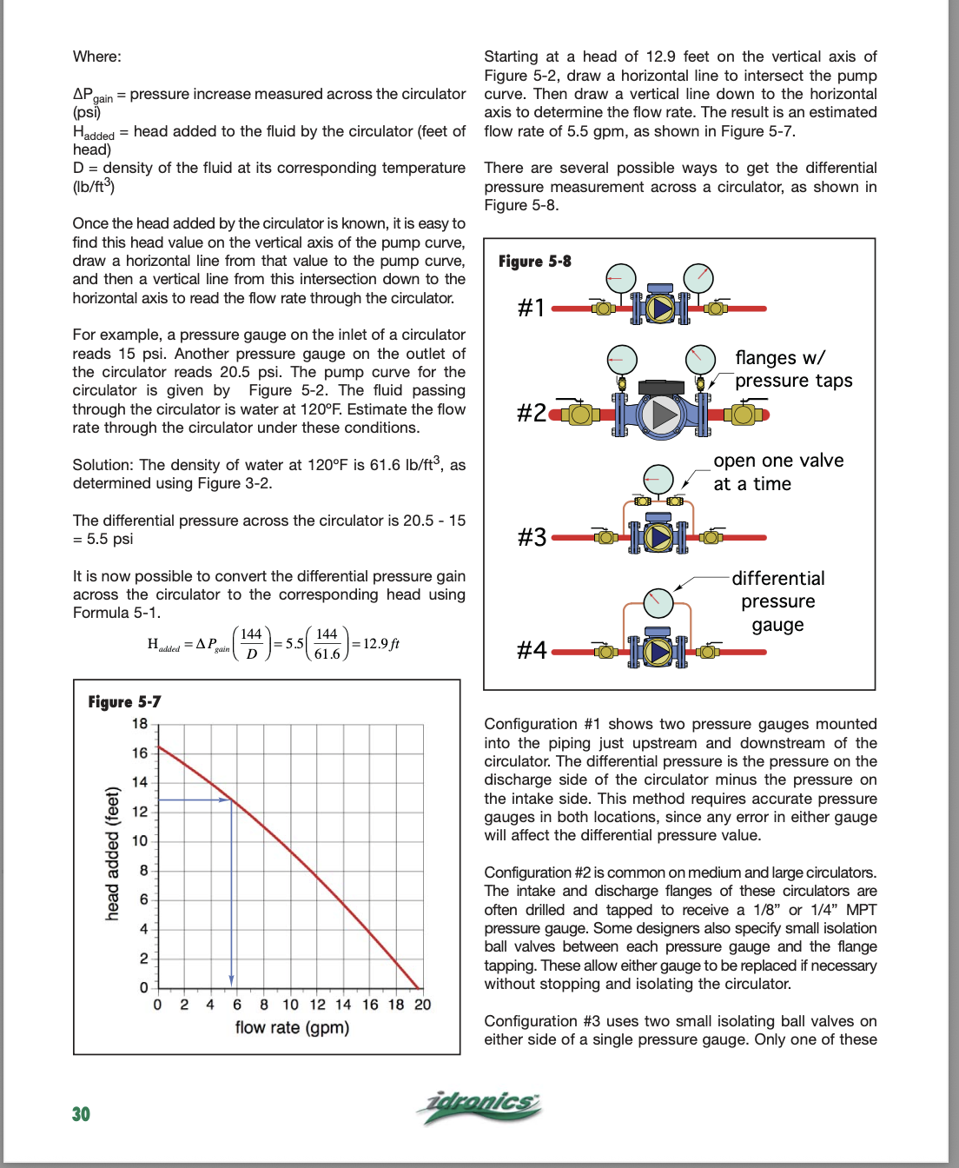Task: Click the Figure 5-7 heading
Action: (124, 701)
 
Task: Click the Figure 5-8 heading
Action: (534, 261)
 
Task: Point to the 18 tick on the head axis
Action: (140, 723)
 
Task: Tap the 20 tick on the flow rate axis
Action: (422, 1005)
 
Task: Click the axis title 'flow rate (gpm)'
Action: (292, 1027)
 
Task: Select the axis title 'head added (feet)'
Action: (112, 853)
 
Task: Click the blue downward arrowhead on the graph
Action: (232, 977)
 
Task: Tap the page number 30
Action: (81, 1114)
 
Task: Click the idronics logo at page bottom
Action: (479, 1105)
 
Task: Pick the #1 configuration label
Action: (531, 308)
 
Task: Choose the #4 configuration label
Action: (531, 650)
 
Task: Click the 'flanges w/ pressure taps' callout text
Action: (793, 369)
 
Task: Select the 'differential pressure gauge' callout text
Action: (777, 601)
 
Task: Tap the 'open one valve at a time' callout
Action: (777, 472)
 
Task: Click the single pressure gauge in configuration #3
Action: (658, 479)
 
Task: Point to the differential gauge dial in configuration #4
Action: (658, 601)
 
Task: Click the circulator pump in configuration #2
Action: (663, 415)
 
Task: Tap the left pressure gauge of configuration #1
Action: (620, 278)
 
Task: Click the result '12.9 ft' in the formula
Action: (380, 644)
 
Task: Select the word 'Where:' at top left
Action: (97, 56)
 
